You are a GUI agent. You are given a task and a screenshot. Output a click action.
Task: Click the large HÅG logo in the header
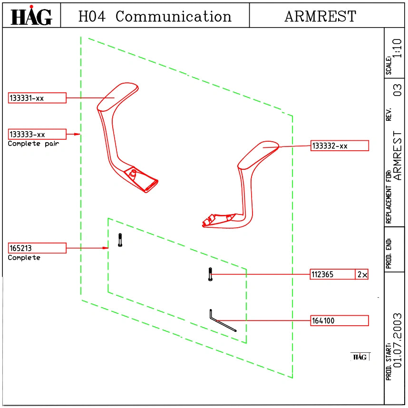click(31, 15)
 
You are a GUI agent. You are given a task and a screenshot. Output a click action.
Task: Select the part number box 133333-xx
click(37, 134)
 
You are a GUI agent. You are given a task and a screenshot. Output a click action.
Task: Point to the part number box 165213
click(37, 248)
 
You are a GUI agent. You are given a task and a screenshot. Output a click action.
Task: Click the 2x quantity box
click(362, 274)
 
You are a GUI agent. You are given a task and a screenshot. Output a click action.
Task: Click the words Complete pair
click(34, 144)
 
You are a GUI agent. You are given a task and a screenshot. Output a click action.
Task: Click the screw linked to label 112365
click(210, 274)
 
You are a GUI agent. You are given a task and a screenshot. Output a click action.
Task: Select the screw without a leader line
click(120, 240)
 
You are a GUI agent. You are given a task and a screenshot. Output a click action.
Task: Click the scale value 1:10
click(397, 49)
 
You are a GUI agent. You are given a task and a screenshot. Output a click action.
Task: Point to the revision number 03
click(398, 90)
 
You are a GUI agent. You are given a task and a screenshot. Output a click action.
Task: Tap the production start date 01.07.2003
click(398, 340)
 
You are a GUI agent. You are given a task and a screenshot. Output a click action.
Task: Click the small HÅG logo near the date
click(360, 357)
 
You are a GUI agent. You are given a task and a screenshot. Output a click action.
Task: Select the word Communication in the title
click(173, 16)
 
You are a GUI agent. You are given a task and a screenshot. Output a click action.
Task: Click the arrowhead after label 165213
click(105, 248)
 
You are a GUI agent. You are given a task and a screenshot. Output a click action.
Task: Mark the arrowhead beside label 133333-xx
click(77, 134)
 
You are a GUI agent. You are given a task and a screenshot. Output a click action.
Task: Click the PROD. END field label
click(389, 253)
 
